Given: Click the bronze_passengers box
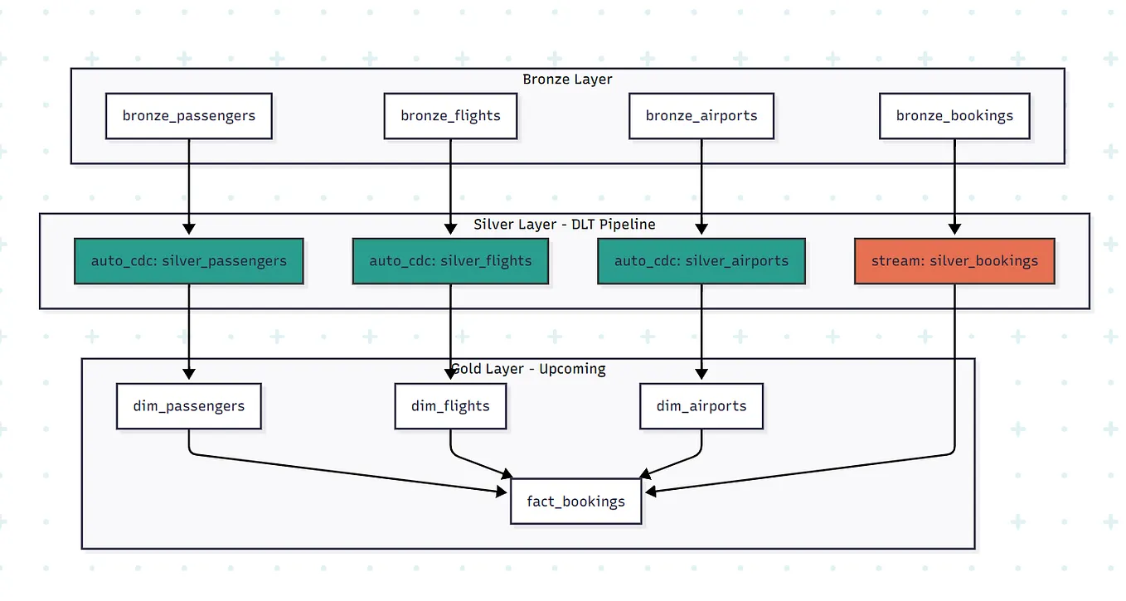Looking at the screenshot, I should click(189, 116).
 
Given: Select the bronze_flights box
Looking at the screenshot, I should click(450, 116).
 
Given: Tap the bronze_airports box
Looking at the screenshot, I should click(701, 116).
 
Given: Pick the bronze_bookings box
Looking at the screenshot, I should click(954, 116).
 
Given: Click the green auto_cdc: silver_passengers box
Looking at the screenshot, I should click(189, 261).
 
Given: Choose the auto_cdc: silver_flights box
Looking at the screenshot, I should click(450, 261).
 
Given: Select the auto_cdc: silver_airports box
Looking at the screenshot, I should click(701, 261).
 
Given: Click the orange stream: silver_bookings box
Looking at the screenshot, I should click(954, 261).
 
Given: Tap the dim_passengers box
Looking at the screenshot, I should click(189, 406).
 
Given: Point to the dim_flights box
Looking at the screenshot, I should click(450, 406).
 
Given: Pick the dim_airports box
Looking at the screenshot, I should click(701, 406).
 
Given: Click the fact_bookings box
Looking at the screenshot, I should click(576, 502).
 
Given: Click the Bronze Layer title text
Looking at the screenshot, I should click(567, 80).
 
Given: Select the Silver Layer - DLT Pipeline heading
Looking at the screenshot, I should click(565, 225).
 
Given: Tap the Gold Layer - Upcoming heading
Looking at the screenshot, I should click(528, 369).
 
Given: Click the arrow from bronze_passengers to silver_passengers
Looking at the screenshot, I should click(189, 187).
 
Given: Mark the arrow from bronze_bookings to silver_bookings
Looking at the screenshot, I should click(954, 187).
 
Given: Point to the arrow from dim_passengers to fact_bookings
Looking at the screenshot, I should click(348, 473).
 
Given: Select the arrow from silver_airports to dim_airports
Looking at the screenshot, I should click(701, 332).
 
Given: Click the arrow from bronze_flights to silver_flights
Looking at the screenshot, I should click(450, 187).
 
